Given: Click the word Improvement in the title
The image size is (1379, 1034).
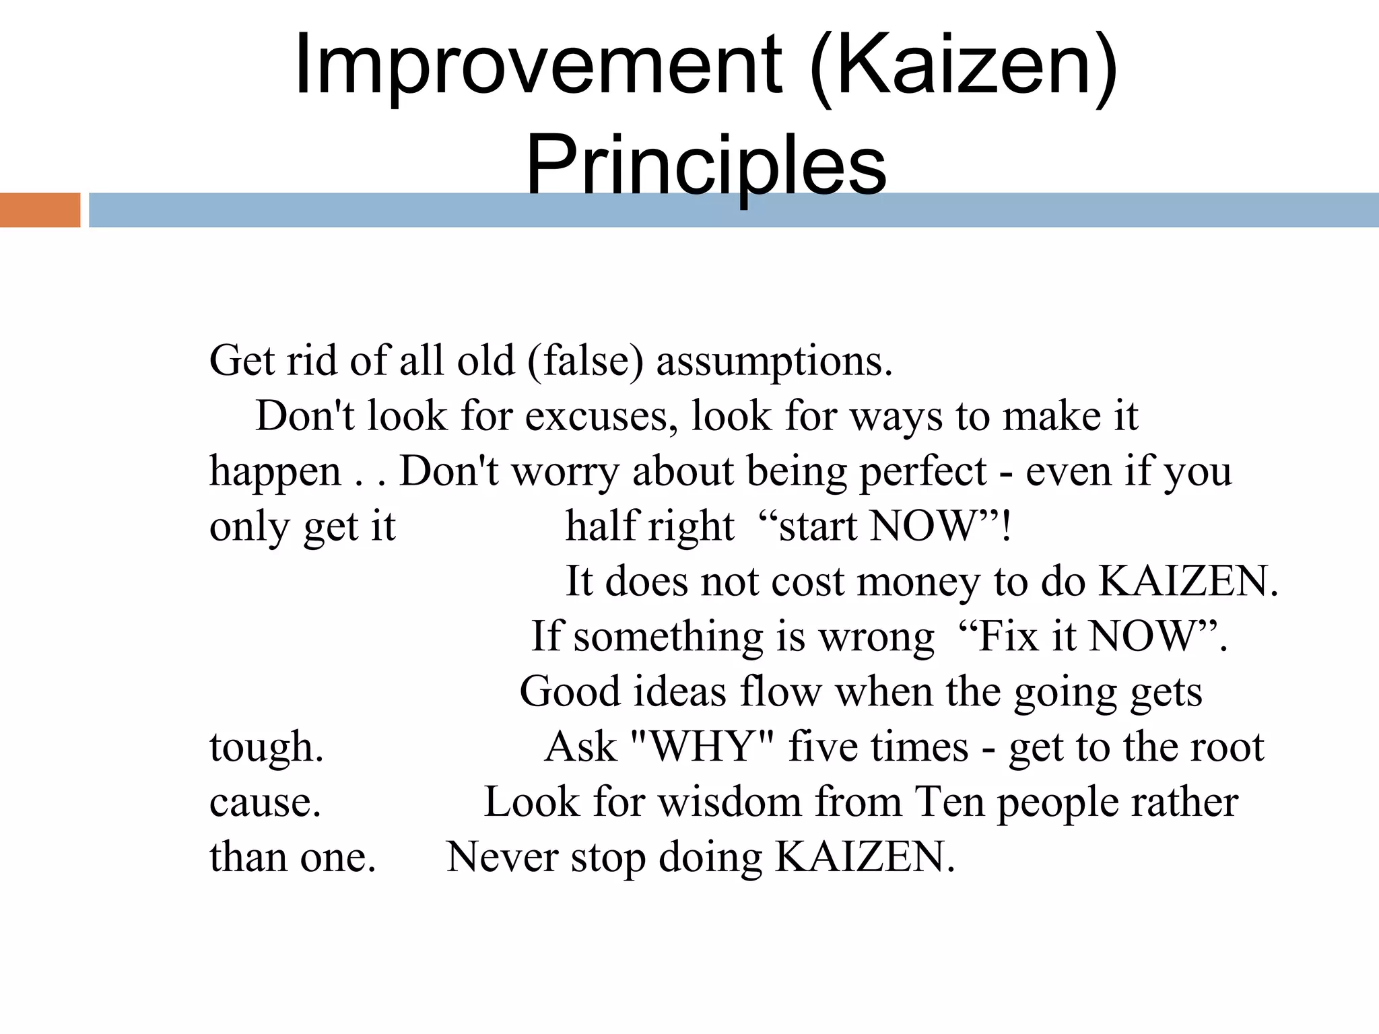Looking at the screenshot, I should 537,66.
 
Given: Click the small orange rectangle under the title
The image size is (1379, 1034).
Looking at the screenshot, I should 40,210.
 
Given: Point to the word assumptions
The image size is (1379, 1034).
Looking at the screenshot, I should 774,361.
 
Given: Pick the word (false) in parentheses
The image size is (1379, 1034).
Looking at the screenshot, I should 586,361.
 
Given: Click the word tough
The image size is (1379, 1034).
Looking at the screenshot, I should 267,747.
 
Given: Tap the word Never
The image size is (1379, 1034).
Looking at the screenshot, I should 502,858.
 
